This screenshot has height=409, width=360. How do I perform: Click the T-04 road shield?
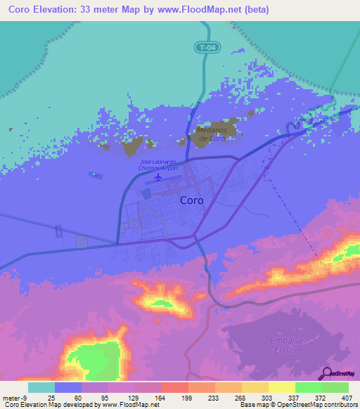(x=204, y=48)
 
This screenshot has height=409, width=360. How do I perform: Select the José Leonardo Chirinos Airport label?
(x=158, y=165)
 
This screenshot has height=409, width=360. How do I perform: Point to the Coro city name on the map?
(x=192, y=200)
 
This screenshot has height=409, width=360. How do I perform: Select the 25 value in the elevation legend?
(x=41, y=398)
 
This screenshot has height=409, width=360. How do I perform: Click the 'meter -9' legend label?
(x=13, y=398)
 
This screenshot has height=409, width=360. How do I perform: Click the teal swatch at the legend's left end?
(x=41, y=387)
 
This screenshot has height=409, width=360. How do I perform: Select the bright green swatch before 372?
(x=308, y=387)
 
